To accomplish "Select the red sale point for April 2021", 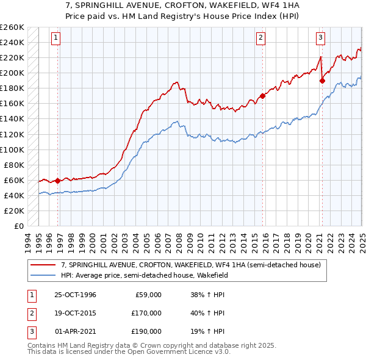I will [322, 80].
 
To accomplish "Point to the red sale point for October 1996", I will [58, 181].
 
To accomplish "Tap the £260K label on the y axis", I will [13, 27].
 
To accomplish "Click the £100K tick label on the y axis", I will [13, 149].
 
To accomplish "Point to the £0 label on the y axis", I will [19, 226].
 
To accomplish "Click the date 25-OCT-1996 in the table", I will [76, 295].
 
